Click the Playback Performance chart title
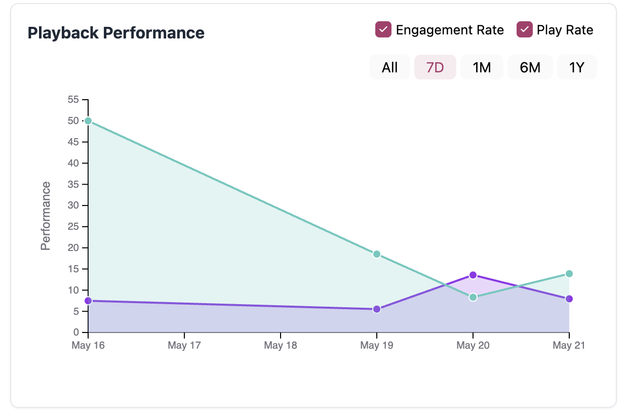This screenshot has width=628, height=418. coord(116,33)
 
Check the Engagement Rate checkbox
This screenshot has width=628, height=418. coord(383,30)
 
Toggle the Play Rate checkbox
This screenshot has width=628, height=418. coord(525,30)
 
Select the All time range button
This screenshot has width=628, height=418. coord(389,67)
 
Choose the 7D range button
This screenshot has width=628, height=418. coord(435,67)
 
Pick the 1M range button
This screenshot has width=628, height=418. coord(482,67)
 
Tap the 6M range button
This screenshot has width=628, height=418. coord(530,67)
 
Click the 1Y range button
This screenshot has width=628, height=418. coord(577,67)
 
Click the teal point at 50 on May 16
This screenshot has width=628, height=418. coord(88,121)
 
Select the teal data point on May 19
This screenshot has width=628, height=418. coord(377,254)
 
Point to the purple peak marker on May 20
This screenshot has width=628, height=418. coord(473,275)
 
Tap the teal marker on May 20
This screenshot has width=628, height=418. coord(473,297)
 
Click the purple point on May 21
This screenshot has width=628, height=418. coord(569,299)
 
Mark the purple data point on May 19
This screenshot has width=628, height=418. coord(377,309)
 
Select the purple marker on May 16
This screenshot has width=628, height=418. coord(88,301)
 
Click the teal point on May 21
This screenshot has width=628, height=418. coord(569,274)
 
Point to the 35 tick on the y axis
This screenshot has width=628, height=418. coord(73,185)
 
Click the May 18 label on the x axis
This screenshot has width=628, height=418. coord(281,346)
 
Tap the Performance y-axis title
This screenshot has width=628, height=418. coord(46,216)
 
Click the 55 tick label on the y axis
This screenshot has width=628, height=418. coord(73,100)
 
